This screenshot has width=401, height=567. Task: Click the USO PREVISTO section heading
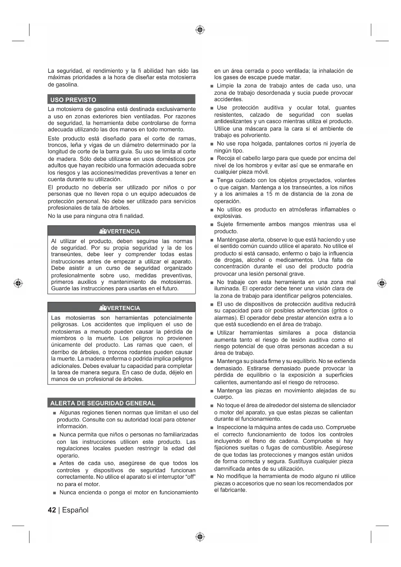tap(73, 100)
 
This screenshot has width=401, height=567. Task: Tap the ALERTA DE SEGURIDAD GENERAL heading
tap(103, 403)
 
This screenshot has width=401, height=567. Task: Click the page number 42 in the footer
tap(52, 510)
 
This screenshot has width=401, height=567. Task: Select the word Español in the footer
tap(75, 510)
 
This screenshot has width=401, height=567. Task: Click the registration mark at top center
tap(200, 30)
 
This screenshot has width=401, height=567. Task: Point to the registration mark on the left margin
tap(18, 283)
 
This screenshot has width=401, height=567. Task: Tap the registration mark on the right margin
tap(382, 283)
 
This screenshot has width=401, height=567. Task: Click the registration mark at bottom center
tap(200, 537)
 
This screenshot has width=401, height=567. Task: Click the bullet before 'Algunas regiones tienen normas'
tap(55, 413)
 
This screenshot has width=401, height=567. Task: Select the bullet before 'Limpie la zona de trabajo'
tap(211, 86)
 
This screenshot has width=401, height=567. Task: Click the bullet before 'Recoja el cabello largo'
tap(211, 159)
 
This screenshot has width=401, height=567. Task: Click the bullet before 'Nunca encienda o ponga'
tap(55, 493)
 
